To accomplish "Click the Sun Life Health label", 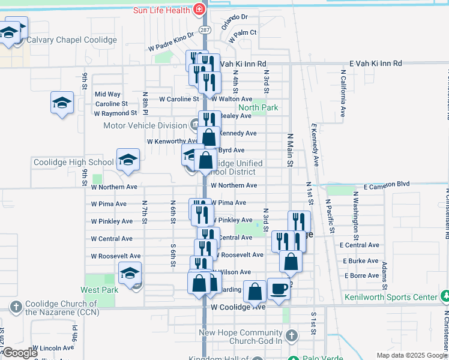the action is click(x=161, y=10).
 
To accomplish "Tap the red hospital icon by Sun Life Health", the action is click(x=199, y=10).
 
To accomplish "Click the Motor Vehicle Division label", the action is click(x=145, y=125).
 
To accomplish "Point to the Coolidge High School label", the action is click(x=73, y=162).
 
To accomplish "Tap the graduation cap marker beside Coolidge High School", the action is click(x=128, y=161).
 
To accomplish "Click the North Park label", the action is click(x=259, y=108).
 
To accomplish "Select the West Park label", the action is click(x=98, y=290).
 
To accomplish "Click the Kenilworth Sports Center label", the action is click(x=391, y=297).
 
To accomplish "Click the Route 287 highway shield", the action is click(x=205, y=29).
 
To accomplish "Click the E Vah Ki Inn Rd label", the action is click(x=376, y=63).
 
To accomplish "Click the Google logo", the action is click(x=19, y=353).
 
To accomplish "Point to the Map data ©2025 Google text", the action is click(x=411, y=355).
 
